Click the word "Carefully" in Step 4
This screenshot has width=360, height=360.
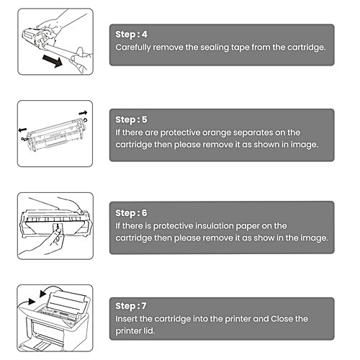[135, 48]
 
